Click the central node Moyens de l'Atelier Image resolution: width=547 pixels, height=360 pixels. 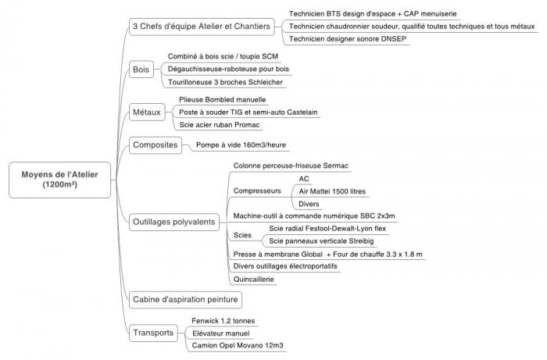click(x=59, y=180)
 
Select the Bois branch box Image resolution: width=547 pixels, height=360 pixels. click(x=141, y=70)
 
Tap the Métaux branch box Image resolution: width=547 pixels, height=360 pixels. click(x=147, y=112)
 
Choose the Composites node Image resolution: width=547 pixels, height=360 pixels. click(x=156, y=145)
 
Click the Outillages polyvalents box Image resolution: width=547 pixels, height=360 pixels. click(x=174, y=222)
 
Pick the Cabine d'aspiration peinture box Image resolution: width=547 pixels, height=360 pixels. click(x=185, y=299)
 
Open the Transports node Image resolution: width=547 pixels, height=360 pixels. click(x=153, y=333)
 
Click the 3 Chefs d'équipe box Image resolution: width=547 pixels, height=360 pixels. click(x=202, y=27)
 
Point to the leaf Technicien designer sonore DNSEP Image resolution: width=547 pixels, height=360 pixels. click(x=348, y=39)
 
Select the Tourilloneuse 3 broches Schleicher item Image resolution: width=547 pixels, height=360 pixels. click(x=225, y=82)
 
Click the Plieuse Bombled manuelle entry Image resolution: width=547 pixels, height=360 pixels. click(x=222, y=100)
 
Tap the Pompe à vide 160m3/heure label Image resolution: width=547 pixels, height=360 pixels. click(x=241, y=145)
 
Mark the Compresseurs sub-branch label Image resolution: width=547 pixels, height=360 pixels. click(x=257, y=191)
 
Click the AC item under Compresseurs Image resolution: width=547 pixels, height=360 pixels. click(x=304, y=179)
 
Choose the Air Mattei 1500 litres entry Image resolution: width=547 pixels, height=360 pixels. click(x=332, y=191)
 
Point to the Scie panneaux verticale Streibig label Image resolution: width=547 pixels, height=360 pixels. click(x=321, y=241)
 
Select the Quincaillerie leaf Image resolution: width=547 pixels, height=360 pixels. click(x=254, y=279)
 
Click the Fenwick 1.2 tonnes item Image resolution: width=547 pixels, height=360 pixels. click(x=223, y=321)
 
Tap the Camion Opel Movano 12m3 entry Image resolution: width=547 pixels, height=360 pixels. click(x=238, y=346)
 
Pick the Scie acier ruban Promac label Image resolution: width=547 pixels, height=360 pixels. click(x=220, y=125)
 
